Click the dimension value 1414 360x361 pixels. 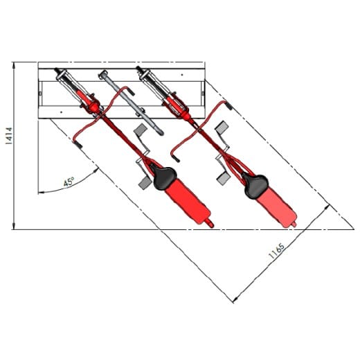10,136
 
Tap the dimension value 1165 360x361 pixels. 276,251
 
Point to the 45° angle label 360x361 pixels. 69,182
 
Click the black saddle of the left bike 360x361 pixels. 163,177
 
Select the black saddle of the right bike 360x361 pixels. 255,186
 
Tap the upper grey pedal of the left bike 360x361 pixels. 141,130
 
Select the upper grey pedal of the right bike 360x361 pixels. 222,127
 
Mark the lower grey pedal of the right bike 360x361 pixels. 223,179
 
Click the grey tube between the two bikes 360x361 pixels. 132,103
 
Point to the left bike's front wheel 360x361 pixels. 79,91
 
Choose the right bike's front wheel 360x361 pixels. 163,91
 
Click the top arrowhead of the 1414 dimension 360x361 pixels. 14,65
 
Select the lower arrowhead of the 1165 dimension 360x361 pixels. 235,299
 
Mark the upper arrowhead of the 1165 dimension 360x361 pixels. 327,208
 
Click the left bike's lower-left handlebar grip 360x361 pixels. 77,144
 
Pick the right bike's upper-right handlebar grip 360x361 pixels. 228,105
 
